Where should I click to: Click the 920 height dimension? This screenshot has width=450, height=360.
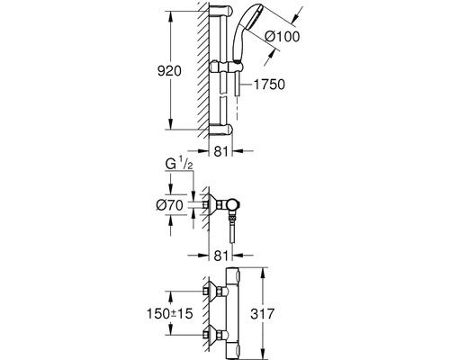pos(169,71)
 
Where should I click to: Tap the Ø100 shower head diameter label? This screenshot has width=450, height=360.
pos(283,37)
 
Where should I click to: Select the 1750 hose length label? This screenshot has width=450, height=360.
pos(269,85)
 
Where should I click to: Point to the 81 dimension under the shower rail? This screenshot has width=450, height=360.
pos(220,151)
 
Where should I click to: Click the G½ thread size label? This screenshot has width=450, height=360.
pos(179,165)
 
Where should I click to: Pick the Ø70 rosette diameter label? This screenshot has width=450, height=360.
pos(169,205)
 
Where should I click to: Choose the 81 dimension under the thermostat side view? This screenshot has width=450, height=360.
pos(220,256)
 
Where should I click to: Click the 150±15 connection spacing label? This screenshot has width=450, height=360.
pos(169,314)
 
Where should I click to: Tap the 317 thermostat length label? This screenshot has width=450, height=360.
pos(263,314)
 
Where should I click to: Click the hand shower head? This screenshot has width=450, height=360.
pos(245,33)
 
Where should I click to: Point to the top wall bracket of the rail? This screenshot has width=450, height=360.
pos(220,11)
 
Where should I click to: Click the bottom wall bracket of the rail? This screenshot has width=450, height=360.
pos(220,129)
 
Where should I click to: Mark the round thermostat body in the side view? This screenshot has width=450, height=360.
pos(234,205)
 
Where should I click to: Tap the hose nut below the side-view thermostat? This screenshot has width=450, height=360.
pos(232,217)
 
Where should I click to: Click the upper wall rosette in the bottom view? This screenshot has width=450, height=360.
pos(215,291)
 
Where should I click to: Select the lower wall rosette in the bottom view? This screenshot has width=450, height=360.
pos(215,334)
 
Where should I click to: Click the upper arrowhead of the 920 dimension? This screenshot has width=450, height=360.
pos(170,17)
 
